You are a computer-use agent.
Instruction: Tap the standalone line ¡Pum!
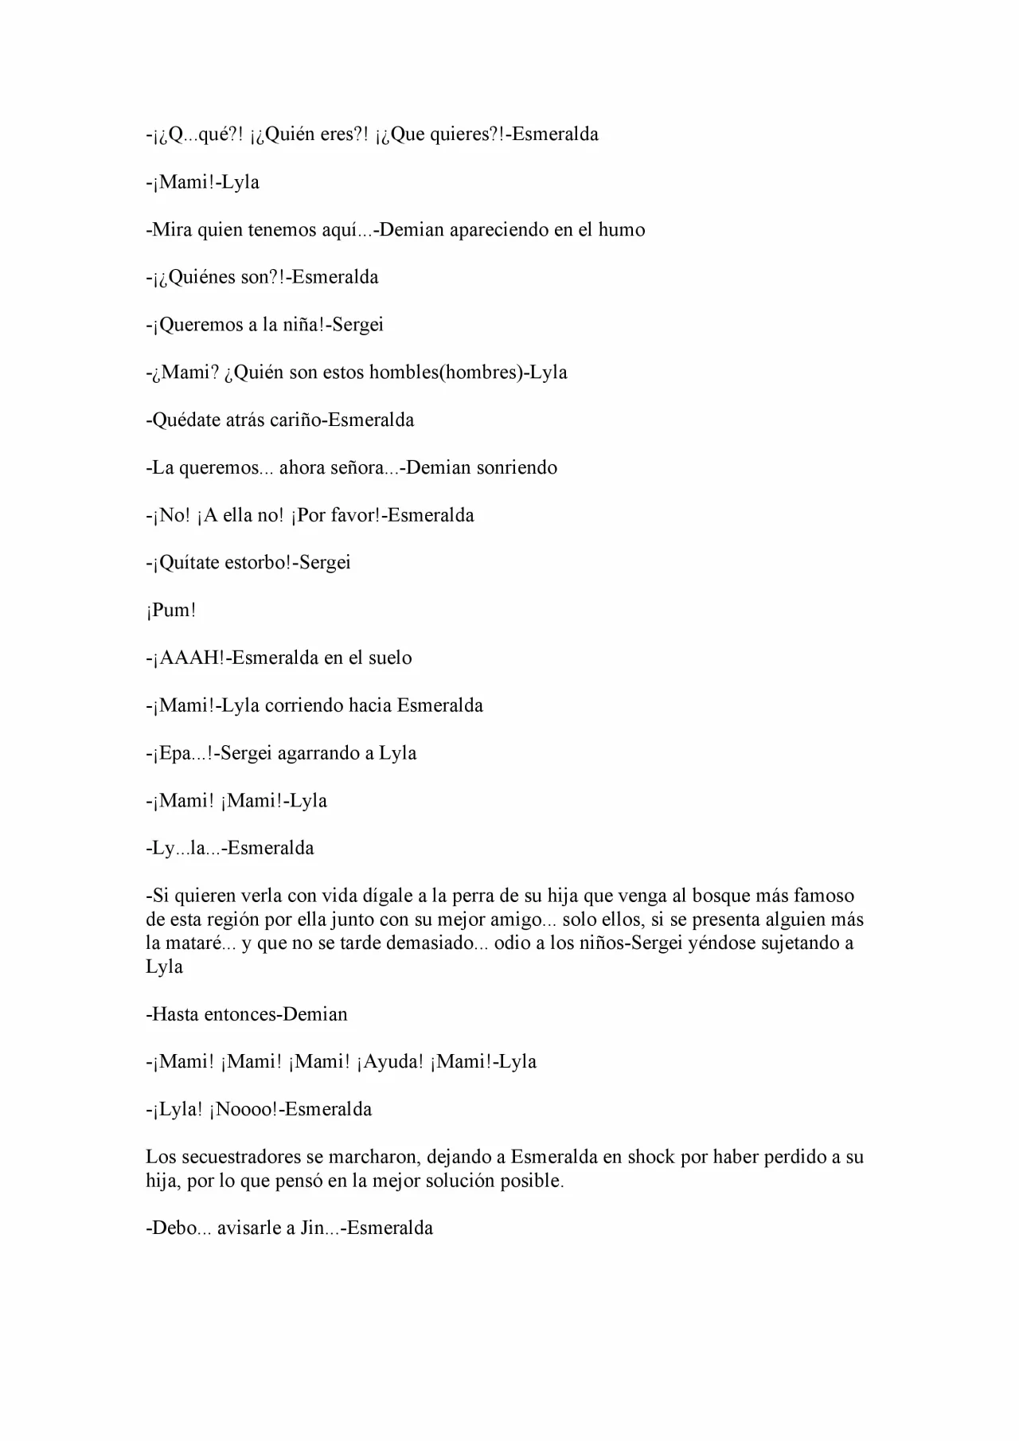point(171,611)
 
